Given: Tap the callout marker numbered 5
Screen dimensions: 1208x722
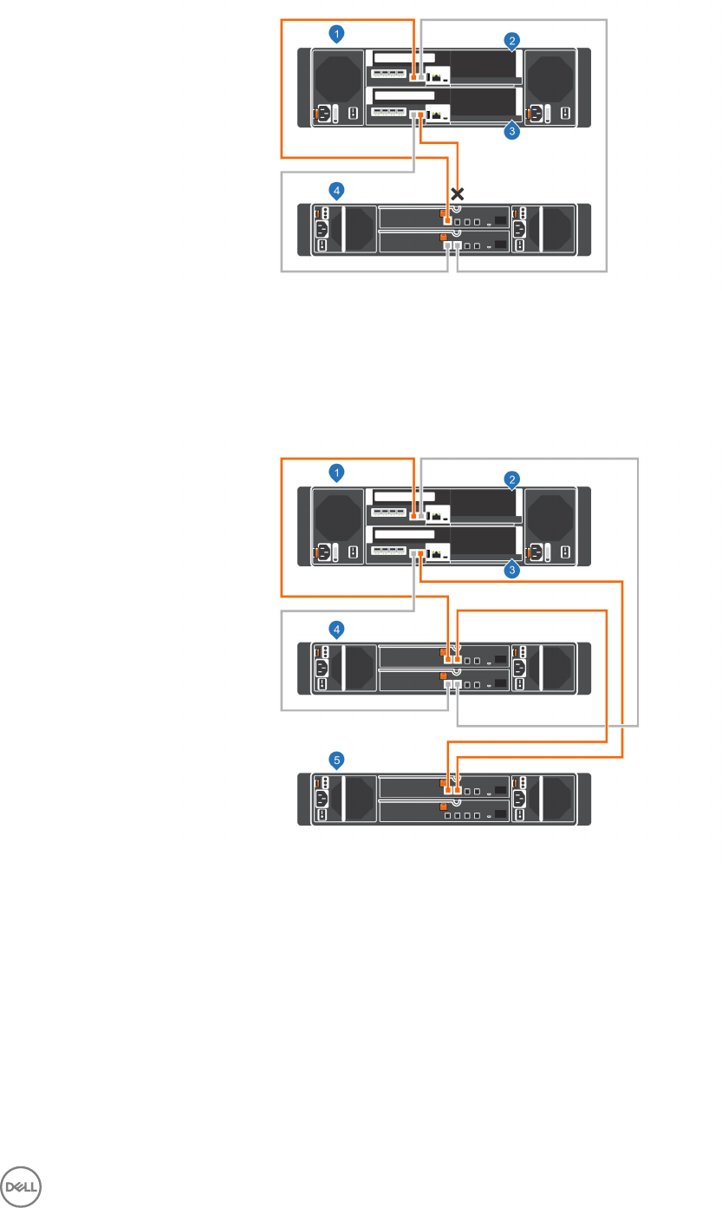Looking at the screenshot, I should [339, 760].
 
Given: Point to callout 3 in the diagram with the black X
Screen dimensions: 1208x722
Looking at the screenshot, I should [512, 132].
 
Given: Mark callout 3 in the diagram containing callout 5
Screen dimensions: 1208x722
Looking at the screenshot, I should [512, 571].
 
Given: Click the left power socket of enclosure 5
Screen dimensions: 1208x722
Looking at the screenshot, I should [322, 799].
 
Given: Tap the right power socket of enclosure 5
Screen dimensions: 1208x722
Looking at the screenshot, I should [519, 799].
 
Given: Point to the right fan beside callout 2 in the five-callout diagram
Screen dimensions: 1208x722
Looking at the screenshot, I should [549, 514].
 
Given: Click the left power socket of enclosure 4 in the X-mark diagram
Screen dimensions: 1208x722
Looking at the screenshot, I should [322, 229].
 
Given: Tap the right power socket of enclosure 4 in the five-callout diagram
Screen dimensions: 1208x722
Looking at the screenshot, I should [519, 668].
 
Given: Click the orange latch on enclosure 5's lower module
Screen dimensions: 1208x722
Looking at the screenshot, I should [443, 806].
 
